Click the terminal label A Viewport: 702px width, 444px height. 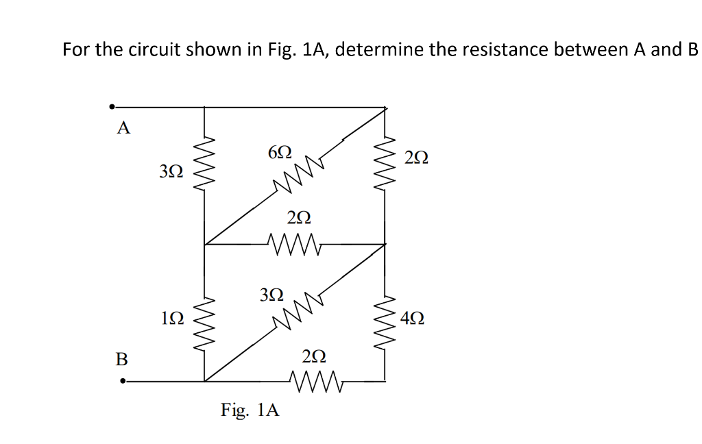click(123, 127)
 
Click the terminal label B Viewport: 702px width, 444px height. click(122, 358)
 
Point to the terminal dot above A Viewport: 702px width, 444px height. click(112, 107)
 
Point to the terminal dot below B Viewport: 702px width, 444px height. click(123, 382)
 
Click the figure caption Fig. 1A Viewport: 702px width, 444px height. click(250, 410)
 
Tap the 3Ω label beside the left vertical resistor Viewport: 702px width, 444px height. click(171, 171)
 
